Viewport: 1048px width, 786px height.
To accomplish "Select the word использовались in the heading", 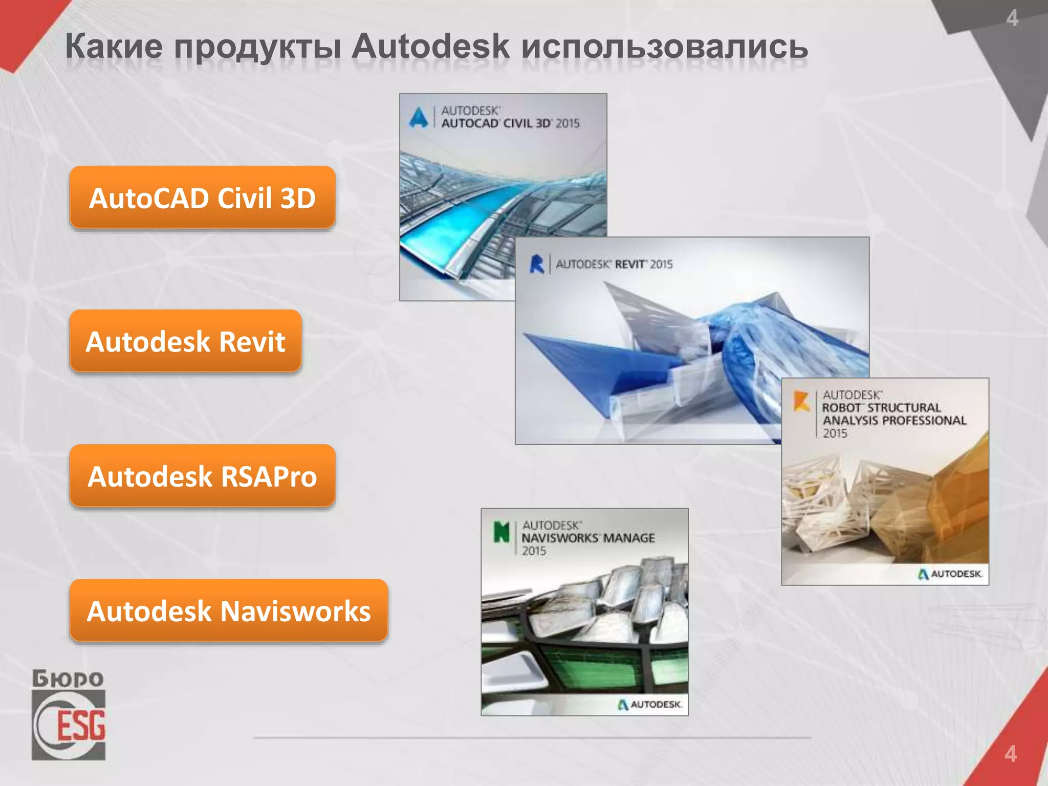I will [664, 47].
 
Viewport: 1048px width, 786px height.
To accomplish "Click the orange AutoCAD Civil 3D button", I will [202, 198].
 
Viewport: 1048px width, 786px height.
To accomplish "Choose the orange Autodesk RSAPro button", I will [202, 476].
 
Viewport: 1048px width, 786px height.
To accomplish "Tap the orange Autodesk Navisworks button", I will [228, 610].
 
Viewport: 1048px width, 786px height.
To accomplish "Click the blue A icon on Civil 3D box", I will [419, 117].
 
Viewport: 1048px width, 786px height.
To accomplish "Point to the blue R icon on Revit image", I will [536, 264].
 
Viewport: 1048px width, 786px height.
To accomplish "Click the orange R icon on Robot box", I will [801, 401].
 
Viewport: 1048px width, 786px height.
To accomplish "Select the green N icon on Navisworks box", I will [501, 532].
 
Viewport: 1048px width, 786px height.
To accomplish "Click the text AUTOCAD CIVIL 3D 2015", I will [510, 123].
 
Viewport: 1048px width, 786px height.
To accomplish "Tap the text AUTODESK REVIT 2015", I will [614, 264].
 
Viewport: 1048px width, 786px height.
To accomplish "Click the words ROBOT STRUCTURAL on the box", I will [881, 408].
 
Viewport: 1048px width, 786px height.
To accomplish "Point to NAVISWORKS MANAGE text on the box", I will [588, 538].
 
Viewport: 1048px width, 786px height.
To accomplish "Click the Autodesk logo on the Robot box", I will [950, 574].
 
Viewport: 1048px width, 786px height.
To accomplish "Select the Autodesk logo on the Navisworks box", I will [650, 705].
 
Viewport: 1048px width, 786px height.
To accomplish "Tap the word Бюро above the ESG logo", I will [68, 679].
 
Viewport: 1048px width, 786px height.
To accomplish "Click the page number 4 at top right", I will [1012, 19].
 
